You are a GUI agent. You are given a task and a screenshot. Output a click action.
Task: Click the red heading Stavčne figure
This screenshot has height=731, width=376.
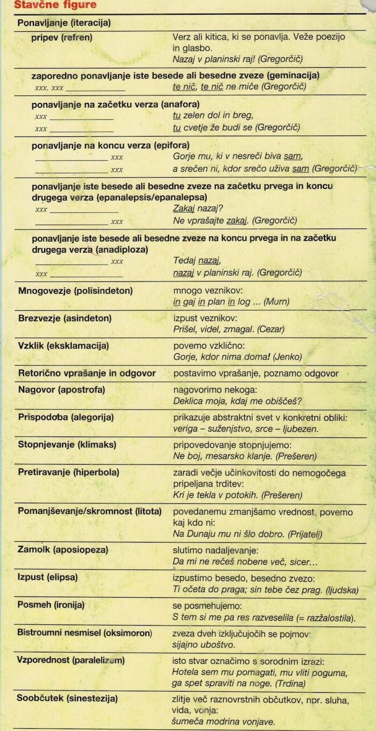(55, 5)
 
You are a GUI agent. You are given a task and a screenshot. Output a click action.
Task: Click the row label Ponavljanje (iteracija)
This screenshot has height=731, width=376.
(64, 23)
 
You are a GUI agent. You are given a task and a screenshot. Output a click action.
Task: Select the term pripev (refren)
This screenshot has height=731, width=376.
(62, 37)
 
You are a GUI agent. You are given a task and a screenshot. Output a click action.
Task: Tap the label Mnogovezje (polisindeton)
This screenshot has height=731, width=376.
(75, 291)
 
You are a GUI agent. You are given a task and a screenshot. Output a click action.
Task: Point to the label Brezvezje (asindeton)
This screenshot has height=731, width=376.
(65, 318)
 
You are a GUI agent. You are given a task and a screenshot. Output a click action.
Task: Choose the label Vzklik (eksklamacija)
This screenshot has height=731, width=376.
(63, 345)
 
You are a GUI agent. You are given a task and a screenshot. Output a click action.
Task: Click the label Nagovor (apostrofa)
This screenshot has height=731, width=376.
(62, 390)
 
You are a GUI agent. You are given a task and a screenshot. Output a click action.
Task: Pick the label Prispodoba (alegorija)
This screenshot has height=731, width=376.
(66, 417)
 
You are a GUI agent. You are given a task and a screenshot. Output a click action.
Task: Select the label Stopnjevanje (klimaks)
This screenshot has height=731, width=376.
(67, 445)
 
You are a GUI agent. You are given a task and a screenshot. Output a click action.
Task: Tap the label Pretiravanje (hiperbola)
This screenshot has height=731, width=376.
(68, 472)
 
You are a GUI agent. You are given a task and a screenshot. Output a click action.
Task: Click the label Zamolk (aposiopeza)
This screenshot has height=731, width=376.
(63, 550)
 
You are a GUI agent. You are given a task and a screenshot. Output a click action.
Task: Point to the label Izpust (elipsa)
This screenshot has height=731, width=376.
(47, 577)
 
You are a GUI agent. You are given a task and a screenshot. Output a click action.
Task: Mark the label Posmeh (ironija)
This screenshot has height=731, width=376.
(51, 605)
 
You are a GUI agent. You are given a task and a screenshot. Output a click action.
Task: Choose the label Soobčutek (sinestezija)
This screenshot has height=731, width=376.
(67, 698)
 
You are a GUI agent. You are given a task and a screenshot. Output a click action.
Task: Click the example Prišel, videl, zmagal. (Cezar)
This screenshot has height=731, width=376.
(229, 329)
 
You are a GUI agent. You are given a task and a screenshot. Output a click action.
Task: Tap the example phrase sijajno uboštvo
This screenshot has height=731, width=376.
(204, 645)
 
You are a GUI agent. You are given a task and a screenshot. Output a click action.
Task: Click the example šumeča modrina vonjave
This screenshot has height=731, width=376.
(223, 722)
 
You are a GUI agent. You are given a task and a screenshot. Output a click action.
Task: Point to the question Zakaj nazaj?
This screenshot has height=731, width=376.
(198, 209)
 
